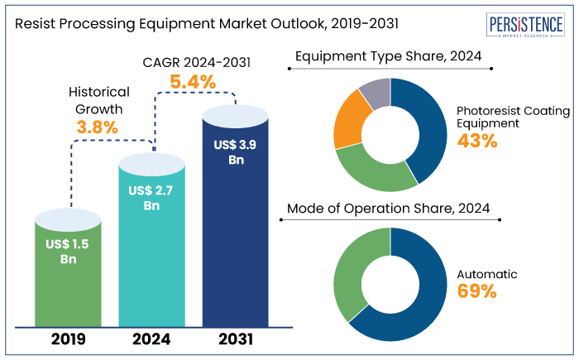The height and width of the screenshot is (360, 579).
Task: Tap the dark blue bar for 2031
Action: click(x=236, y=232)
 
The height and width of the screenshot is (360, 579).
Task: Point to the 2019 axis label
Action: click(x=69, y=339)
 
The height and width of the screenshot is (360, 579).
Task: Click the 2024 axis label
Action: click(x=152, y=339)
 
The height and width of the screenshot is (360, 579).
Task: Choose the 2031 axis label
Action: click(x=236, y=339)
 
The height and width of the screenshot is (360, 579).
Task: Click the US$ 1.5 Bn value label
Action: click(x=69, y=251)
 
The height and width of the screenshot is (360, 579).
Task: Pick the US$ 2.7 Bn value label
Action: click(x=152, y=198)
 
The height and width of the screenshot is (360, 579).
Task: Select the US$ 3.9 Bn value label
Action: click(x=236, y=152)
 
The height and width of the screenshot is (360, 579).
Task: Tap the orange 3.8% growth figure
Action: click(x=98, y=127)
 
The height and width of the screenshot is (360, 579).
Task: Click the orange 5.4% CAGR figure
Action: click(x=193, y=82)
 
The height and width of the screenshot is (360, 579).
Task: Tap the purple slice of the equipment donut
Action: click(x=376, y=94)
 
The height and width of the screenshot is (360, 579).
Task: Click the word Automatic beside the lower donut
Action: click(x=487, y=273)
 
